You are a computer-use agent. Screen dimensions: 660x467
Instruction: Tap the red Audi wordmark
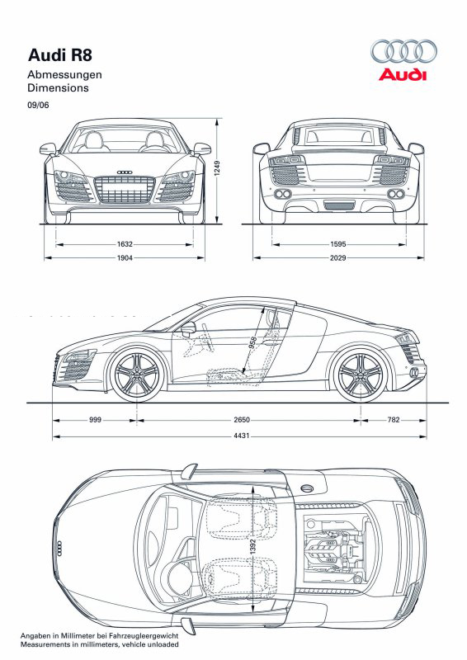click(403, 75)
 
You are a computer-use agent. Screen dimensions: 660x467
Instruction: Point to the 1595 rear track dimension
click(337, 244)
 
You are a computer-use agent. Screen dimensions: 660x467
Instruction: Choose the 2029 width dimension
click(337, 258)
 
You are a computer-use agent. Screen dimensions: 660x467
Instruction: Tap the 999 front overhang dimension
click(95, 420)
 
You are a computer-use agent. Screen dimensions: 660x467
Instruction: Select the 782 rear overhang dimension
click(393, 420)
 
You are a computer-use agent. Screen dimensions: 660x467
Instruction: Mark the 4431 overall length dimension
click(240, 435)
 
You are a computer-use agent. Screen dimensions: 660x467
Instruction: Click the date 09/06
click(38, 105)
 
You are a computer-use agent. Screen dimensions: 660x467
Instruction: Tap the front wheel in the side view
click(137, 375)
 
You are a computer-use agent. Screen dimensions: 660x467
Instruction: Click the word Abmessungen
click(64, 74)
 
